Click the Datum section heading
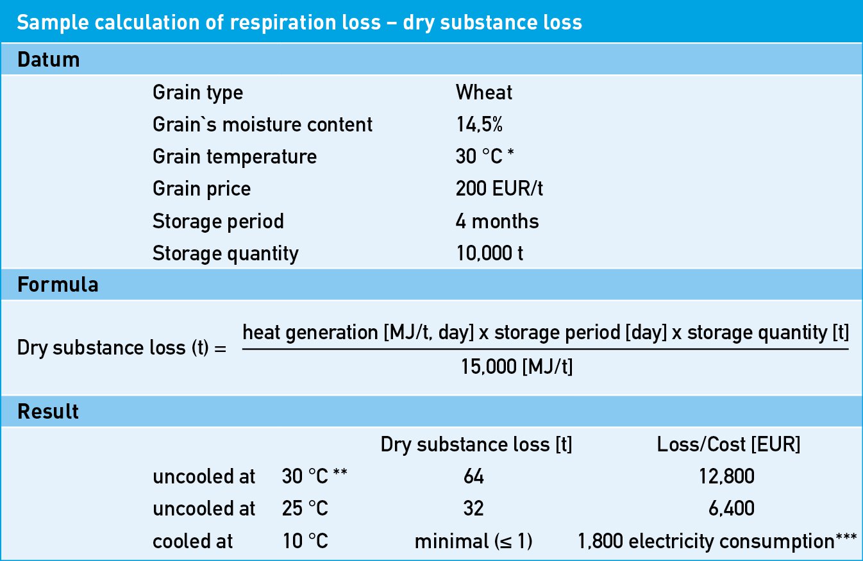(49, 60)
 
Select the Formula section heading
(58, 285)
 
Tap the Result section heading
(48, 412)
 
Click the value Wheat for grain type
(484, 93)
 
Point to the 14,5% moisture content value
(480, 124)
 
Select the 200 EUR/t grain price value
(499, 189)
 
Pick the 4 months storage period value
(497, 222)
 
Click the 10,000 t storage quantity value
(489, 254)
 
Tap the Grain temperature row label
(234, 157)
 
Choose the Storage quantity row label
(225, 254)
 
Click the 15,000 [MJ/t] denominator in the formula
(516, 367)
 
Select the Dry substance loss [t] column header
(476, 445)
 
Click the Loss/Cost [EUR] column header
(728, 445)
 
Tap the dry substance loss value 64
(473, 477)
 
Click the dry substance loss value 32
(473, 509)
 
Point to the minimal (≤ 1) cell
(473, 542)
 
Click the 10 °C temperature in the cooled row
(305, 542)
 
